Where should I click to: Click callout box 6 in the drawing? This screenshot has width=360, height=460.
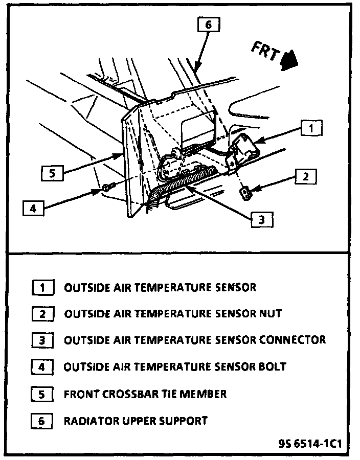coord(208,25)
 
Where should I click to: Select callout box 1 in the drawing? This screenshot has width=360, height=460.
coord(312,128)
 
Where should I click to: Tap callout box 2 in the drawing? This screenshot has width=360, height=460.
coord(305,177)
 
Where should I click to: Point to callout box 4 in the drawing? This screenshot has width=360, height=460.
coord(33,209)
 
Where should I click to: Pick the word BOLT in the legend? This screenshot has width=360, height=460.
coord(273,366)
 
